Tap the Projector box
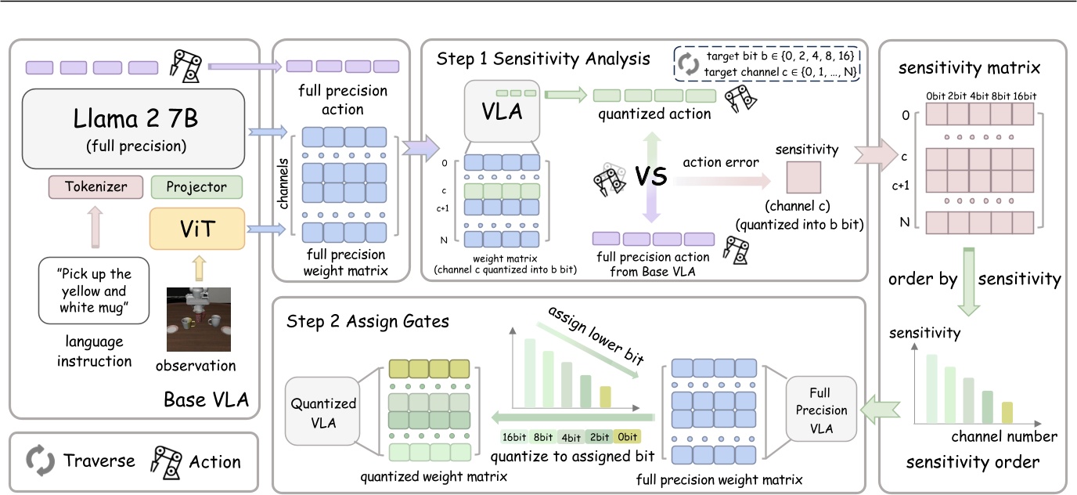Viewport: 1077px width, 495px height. [196, 187]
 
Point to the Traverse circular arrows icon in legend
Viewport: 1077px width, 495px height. [40, 461]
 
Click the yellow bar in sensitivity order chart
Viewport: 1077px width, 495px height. [1007, 412]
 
